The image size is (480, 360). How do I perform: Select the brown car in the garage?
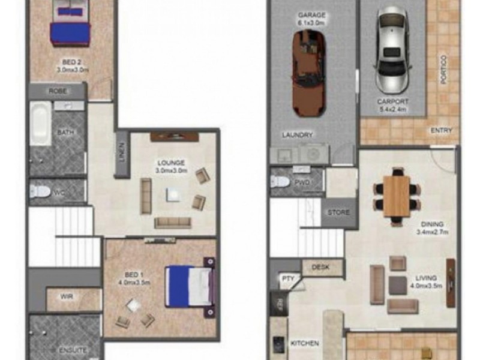[x=310, y=72]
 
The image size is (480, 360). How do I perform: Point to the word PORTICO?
[x=443, y=70]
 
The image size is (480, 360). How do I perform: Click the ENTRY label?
[x=442, y=130]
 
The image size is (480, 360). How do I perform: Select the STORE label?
[x=338, y=212]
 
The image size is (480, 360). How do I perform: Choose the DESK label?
[x=321, y=268]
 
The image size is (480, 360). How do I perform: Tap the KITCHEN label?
[x=304, y=344]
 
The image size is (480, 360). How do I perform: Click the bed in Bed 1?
[x=190, y=286]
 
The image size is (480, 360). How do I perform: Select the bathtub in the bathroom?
[x=41, y=123]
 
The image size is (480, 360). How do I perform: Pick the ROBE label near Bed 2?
[x=58, y=91]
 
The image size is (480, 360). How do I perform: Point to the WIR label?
[x=66, y=296]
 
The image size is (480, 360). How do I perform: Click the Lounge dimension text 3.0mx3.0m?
[x=172, y=170]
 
